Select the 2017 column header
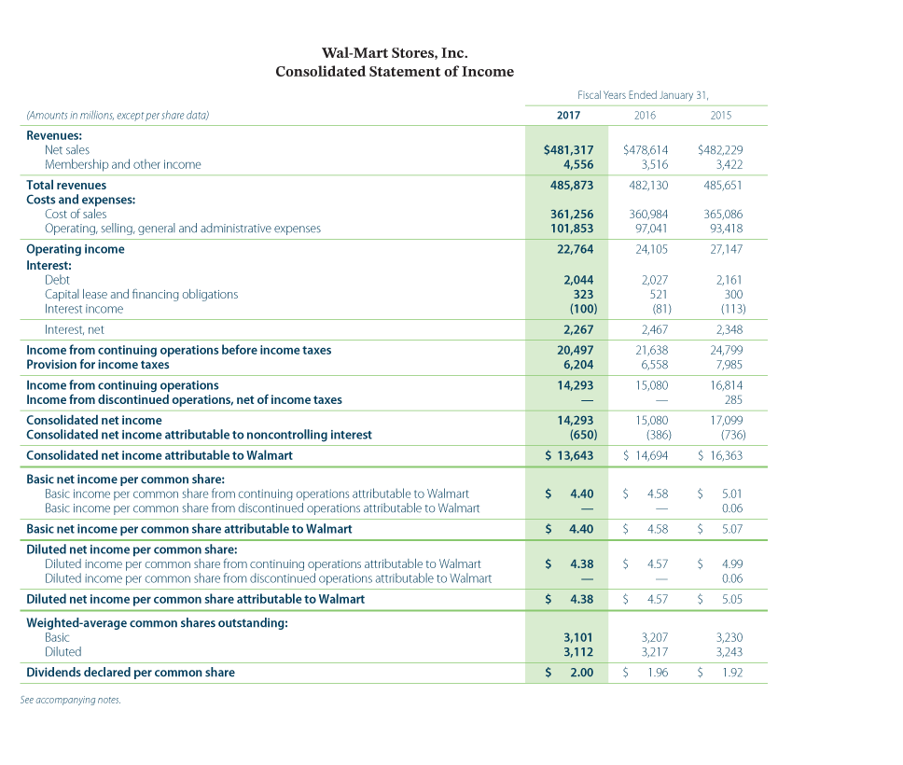[568, 116]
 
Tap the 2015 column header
[720, 116]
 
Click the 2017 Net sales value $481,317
[568, 149]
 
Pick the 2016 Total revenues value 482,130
[646, 185]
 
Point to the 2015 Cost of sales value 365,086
[722, 214]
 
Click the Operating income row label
[76, 249]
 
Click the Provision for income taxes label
[98, 365]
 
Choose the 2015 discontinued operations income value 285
[733, 399]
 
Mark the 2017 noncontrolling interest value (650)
[577, 435]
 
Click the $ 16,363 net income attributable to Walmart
[720, 455]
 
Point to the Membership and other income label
[123, 164]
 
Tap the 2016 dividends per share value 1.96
[657, 673]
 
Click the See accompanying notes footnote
[70, 700]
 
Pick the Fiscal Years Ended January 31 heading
[645, 94]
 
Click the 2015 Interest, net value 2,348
[729, 329]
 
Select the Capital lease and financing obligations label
[141, 294]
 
